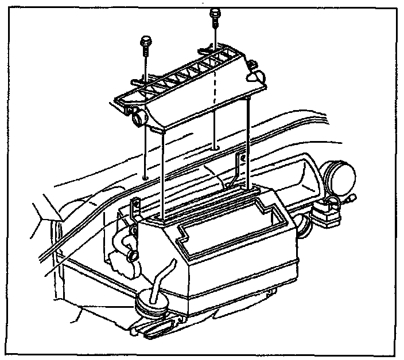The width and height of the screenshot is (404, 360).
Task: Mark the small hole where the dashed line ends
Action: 215,148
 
